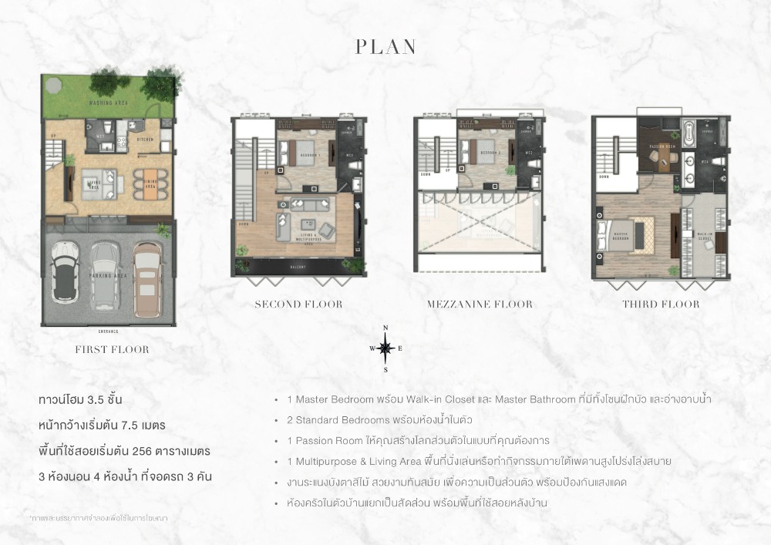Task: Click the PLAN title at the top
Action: tap(385, 47)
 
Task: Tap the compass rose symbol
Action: tap(385, 348)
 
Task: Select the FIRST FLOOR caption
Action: tap(112, 349)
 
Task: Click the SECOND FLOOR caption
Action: tap(298, 304)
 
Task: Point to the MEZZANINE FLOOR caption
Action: tap(480, 304)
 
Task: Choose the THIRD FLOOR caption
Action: tap(661, 304)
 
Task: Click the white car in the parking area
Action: tap(64, 273)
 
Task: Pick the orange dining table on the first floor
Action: tap(149, 183)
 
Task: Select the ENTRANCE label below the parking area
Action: tap(109, 331)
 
